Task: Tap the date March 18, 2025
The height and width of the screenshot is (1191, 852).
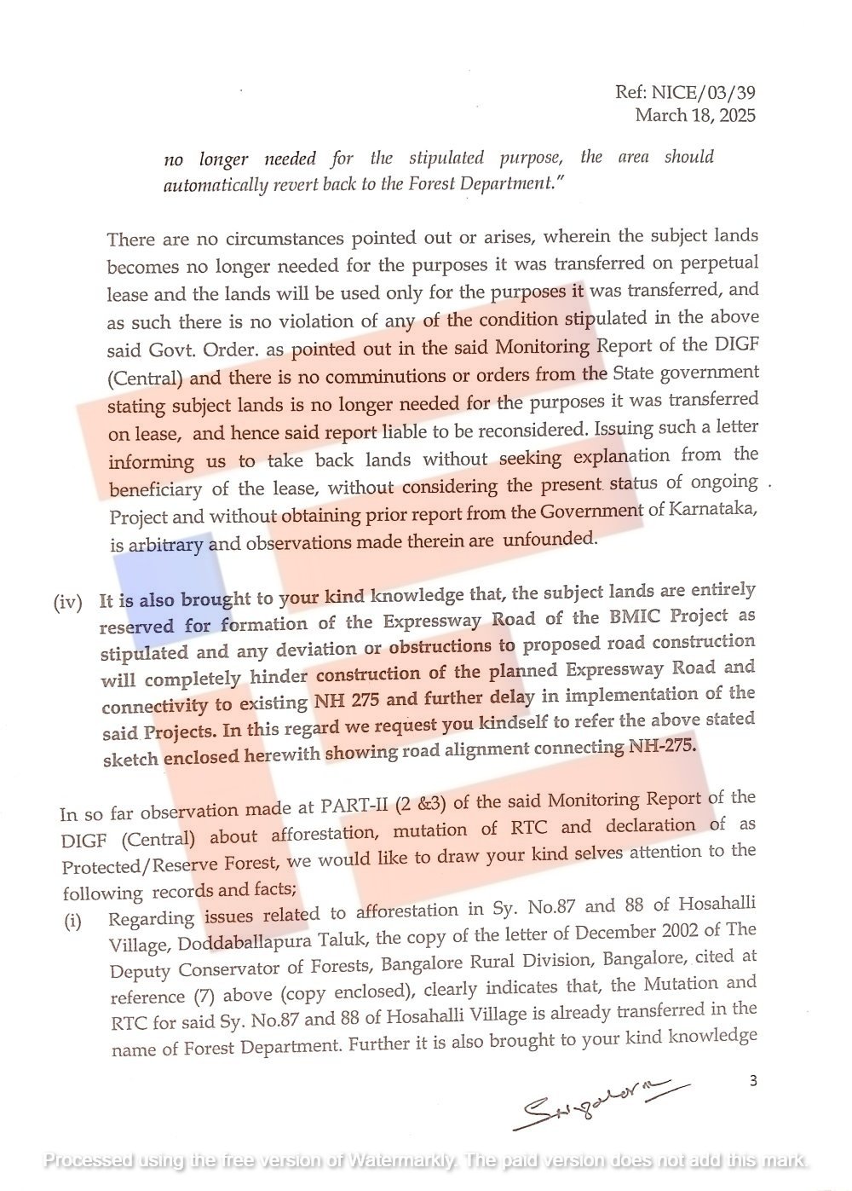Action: click(x=694, y=115)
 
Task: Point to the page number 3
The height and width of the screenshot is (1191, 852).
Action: click(x=752, y=1081)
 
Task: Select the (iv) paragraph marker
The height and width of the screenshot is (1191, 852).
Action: click(x=68, y=603)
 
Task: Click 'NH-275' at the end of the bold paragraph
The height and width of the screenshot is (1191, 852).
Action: click(x=662, y=747)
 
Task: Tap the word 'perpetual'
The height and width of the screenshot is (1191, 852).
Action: click(x=715, y=263)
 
